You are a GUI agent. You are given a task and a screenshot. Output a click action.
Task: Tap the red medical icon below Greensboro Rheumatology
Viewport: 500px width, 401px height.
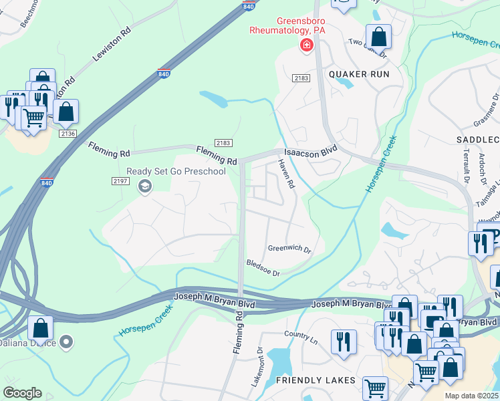[x=306, y=45]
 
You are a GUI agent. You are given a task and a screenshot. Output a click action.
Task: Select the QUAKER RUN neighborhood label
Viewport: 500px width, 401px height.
[x=359, y=74]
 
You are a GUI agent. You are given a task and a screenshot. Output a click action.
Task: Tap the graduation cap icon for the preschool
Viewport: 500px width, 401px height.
[x=143, y=186]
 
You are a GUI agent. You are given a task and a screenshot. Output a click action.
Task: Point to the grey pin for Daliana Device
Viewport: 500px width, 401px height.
[x=66, y=344]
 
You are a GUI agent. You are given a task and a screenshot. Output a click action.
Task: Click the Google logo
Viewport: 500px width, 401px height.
[x=22, y=392]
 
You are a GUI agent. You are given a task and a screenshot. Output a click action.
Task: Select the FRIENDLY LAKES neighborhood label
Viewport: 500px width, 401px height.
[x=315, y=380]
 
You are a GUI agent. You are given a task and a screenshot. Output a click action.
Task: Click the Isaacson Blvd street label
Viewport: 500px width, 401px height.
[x=311, y=152]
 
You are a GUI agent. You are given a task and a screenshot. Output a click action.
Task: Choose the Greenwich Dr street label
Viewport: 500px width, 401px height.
[x=289, y=249]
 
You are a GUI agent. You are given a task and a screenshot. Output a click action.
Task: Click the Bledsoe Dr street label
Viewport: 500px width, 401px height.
[x=262, y=268]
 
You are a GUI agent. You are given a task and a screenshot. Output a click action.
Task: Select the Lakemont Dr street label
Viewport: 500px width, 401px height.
[x=261, y=364]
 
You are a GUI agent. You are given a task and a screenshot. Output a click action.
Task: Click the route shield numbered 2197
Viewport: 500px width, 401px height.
[x=120, y=181]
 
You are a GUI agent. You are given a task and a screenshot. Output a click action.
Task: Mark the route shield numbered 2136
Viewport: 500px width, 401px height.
[x=68, y=134]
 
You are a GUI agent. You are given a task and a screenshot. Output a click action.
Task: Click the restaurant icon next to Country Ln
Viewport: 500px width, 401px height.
[x=344, y=341]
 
